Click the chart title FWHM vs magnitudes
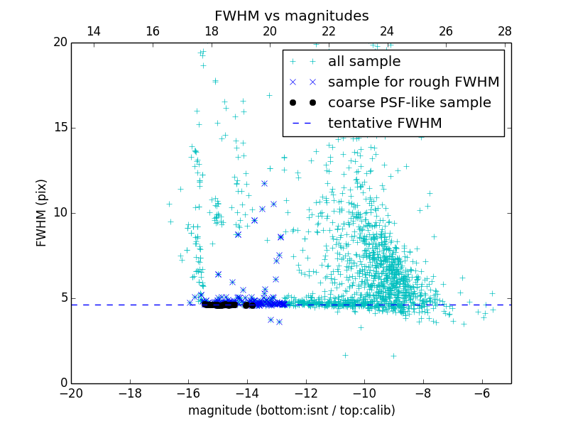tap(291, 16)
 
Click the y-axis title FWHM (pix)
tap(42, 212)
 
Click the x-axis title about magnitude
tap(291, 410)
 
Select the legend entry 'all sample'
tap(364, 62)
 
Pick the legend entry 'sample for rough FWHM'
tap(413, 82)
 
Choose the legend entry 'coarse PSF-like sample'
tap(409, 103)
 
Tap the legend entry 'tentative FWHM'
tap(385, 124)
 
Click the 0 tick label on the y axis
tap(62, 383)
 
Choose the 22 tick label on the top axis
tap(328, 31)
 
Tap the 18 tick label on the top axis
tap(211, 31)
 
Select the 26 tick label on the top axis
tap(446, 31)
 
